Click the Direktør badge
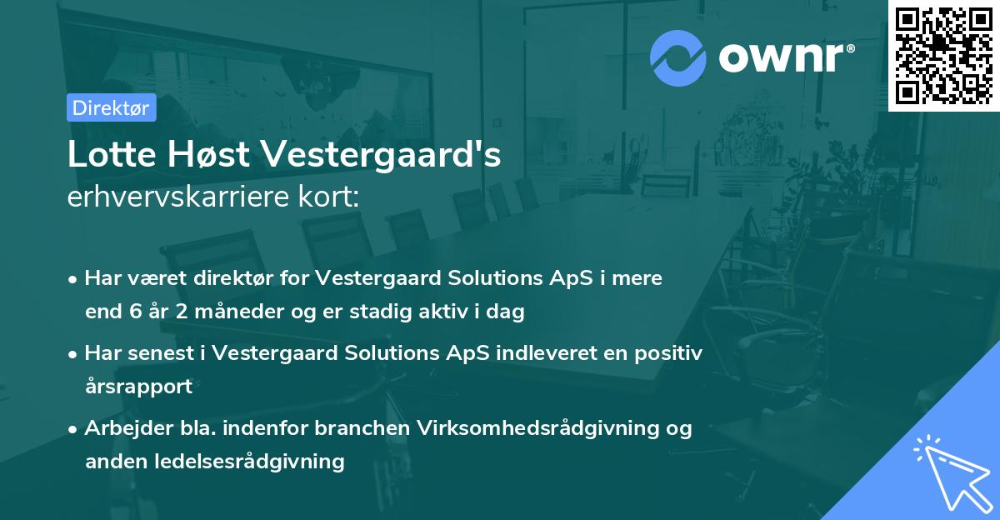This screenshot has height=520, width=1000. coord(111,108)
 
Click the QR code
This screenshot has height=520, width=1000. coord(943,55)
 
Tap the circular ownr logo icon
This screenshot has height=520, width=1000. coord(678,57)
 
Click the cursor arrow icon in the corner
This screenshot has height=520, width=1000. coord(950,471)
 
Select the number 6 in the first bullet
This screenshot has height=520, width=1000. coord(136,312)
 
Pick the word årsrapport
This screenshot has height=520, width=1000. coord(138,387)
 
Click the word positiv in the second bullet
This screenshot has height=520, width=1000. coord(672,353)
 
